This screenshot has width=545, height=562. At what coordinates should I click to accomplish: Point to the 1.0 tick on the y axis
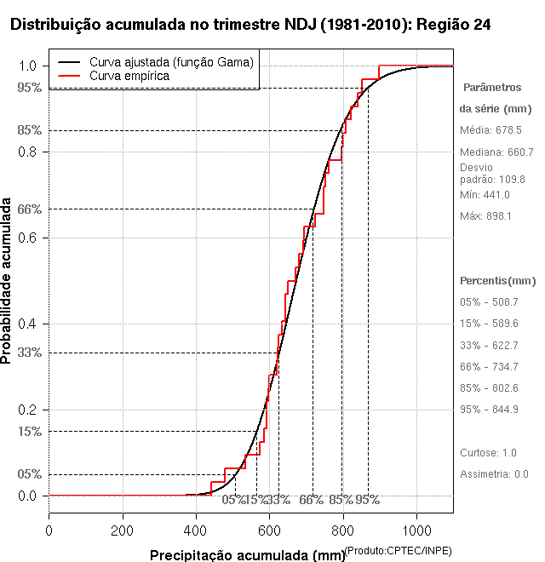click(28, 66)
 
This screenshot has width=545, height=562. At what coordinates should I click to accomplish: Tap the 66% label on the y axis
click(28, 209)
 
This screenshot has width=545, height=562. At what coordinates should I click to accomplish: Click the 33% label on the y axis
click(28, 352)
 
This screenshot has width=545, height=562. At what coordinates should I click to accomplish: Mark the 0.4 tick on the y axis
click(28, 324)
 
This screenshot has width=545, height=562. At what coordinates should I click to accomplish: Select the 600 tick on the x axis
click(270, 530)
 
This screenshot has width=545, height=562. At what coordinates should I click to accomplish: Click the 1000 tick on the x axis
click(416, 530)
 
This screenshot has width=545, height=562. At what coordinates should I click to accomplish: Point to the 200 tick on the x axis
click(123, 530)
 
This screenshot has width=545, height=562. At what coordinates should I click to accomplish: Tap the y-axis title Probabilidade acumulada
click(8, 282)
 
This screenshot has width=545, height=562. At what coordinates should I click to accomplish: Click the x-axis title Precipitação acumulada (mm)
click(247, 555)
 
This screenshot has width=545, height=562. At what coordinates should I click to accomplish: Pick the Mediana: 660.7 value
click(496, 152)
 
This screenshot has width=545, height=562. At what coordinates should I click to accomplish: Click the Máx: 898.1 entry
click(485, 216)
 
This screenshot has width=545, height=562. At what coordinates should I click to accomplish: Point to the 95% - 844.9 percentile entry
click(489, 409)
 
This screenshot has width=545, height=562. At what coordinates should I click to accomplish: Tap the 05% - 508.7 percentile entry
click(489, 301)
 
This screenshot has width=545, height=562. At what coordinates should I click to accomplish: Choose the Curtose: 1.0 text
click(488, 452)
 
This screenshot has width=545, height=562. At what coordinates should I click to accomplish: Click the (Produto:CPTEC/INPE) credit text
click(398, 550)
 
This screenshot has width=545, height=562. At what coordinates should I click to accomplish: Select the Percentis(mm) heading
click(498, 280)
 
